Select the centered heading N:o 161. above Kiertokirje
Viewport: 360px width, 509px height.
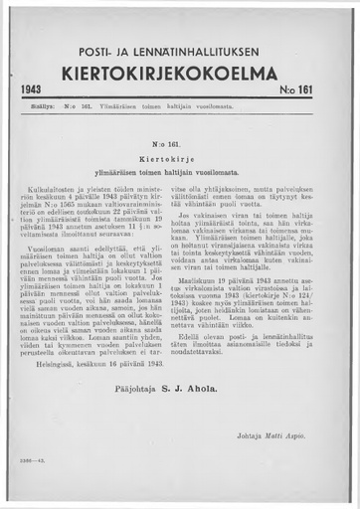tap(179, 143)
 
